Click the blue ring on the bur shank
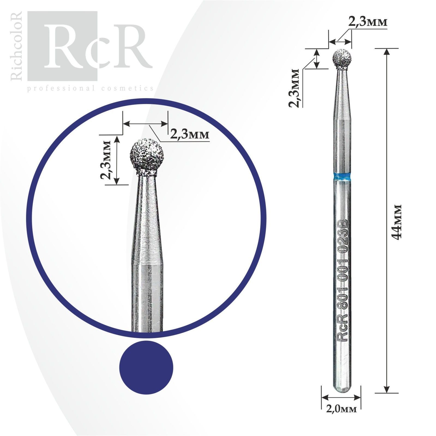341,176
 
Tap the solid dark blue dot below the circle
146,368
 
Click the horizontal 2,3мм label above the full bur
368,22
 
